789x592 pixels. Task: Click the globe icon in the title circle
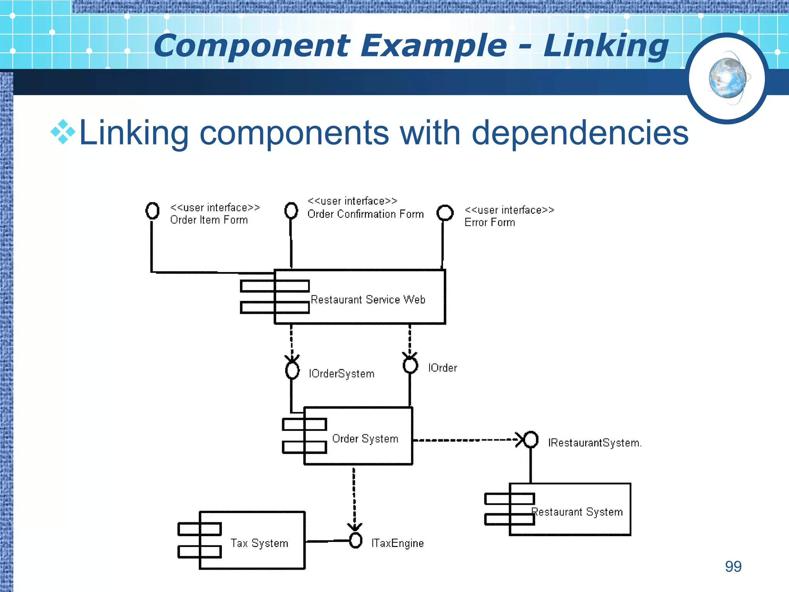(x=727, y=78)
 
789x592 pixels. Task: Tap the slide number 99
(x=733, y=566)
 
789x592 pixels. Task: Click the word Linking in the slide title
(x=606, y=46)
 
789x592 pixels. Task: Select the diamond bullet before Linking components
(x=63, y=132)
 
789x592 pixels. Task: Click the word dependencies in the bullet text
(x=580, y=133)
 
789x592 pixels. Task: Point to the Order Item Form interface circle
(x=152, y=210)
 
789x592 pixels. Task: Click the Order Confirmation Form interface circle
(x=291, y=210)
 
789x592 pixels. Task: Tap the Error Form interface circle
(x=445, y=212)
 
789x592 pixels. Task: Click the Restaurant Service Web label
(x=368, y=299)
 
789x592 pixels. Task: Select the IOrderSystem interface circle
(x=292, y=370)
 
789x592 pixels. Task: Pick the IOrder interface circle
(x=410, y=365)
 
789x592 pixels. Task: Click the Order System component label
(x=365, y=439)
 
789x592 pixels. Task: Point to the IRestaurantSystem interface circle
(x=531, y=439)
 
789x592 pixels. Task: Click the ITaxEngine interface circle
(x=356, y=540)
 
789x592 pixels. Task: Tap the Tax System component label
(x=259, y=543)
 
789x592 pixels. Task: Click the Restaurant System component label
(x=577, y=512)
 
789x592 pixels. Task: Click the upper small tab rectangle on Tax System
(x=200, y=529)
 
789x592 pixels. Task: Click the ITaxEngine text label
(x=397, y=543)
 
